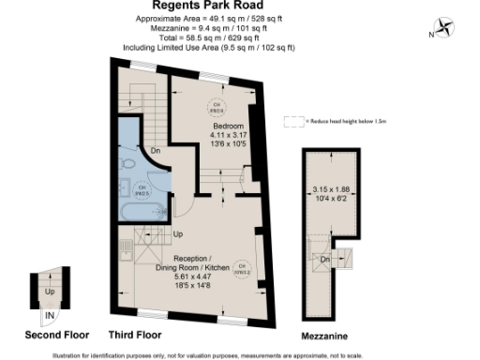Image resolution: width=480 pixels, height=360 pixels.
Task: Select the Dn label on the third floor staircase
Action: pos(155,151)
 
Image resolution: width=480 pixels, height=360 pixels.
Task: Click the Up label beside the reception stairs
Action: pos(177,234)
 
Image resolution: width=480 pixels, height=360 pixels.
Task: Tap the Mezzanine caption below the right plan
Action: pos(324,335)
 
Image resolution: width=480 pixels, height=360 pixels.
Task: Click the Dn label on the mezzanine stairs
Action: pos(325,259)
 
